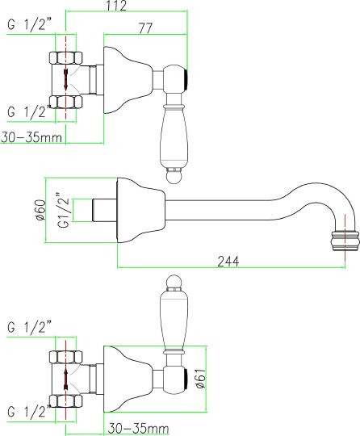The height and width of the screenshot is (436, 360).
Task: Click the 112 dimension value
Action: tap(116, 6)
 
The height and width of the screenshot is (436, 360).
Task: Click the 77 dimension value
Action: tap(145, 28)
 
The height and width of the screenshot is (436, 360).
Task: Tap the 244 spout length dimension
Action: tap(228, 261)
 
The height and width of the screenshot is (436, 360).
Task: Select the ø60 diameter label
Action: tap(41, 210)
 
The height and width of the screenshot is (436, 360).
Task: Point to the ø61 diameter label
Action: tap(201, 378)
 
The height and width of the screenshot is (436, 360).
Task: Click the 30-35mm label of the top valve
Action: tap(31, 137)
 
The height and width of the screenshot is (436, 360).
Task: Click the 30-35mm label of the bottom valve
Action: tap(138, 429)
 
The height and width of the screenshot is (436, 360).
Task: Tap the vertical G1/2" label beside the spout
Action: tap(64, 211)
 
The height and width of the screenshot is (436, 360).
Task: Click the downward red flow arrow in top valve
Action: tap(66, 80)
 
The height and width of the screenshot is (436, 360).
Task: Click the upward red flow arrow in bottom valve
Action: tap(66, 379)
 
